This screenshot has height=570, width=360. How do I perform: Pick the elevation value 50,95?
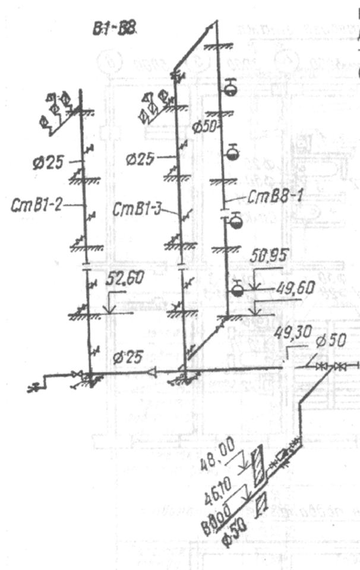pos(270,259)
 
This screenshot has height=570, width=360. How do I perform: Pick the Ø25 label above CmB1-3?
pos(141,159)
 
